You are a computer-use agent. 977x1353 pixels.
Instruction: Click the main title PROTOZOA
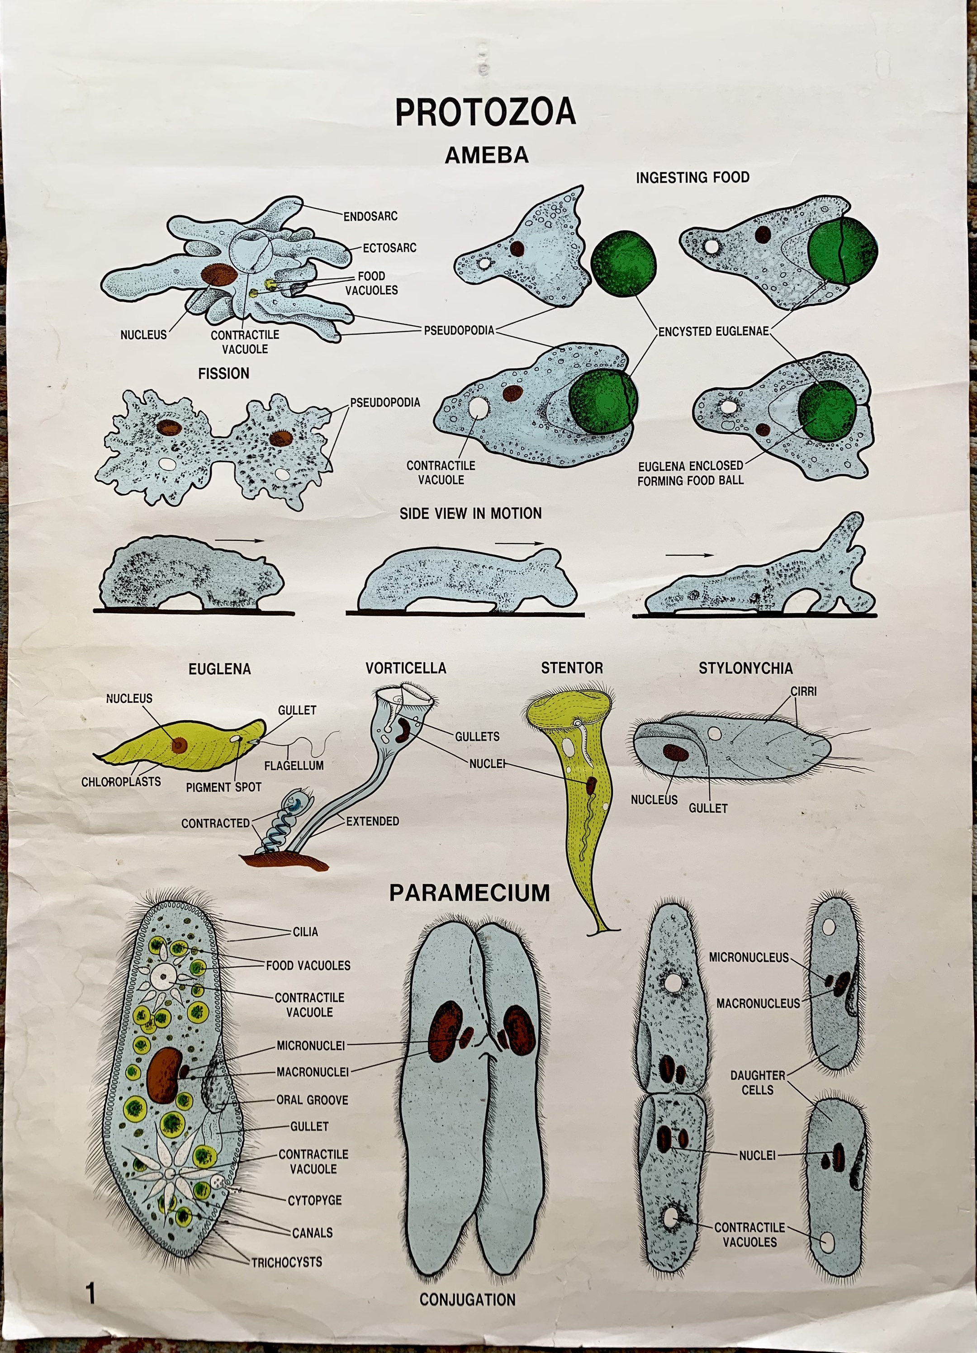[x=485, y=112]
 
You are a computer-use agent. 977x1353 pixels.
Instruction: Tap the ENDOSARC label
[x=370, y=216]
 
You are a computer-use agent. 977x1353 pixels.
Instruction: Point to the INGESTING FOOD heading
[x=692, y=177]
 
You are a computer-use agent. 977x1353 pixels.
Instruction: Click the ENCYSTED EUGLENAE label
[x=713, y=331]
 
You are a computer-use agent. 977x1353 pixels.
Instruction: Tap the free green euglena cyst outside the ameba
[x=623, y=263]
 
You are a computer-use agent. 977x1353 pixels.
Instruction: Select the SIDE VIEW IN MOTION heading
[x=470, y=513]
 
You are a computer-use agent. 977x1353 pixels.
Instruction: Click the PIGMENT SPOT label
[x=223, y=787]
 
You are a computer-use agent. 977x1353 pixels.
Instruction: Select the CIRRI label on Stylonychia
[x=803, y=691]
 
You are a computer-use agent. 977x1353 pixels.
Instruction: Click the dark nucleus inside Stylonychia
[x=676, y=752]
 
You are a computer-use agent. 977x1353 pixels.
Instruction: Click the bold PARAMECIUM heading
[x=469, y=893]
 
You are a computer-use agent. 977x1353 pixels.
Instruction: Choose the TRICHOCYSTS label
[x=286, y=1262]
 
